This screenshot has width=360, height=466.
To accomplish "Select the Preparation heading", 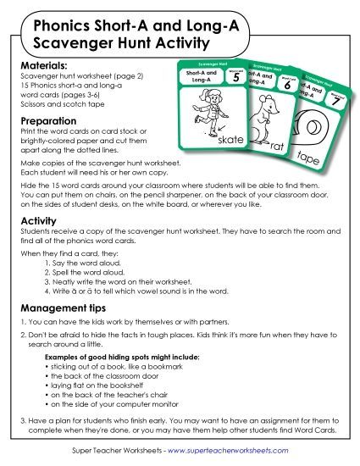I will (x=48, y=120).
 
